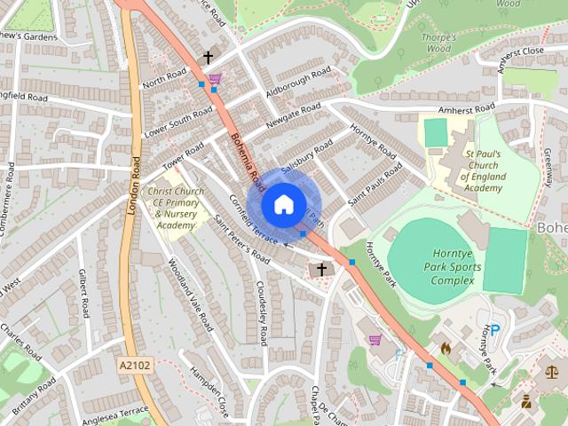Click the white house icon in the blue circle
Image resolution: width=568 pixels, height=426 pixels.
[283, 204]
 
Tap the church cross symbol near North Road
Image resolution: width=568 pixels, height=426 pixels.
[208, 58]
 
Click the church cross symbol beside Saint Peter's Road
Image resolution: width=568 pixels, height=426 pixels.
[321, 268]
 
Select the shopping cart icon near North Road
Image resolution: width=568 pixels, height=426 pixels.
[215, 79]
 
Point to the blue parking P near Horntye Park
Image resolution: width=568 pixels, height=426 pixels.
[495, 328]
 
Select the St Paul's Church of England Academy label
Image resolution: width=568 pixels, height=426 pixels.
[483, 170]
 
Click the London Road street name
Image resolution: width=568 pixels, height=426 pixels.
[135, 192]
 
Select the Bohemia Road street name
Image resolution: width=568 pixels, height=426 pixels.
[247, 158]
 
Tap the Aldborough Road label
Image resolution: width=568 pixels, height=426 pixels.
[298, 82]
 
